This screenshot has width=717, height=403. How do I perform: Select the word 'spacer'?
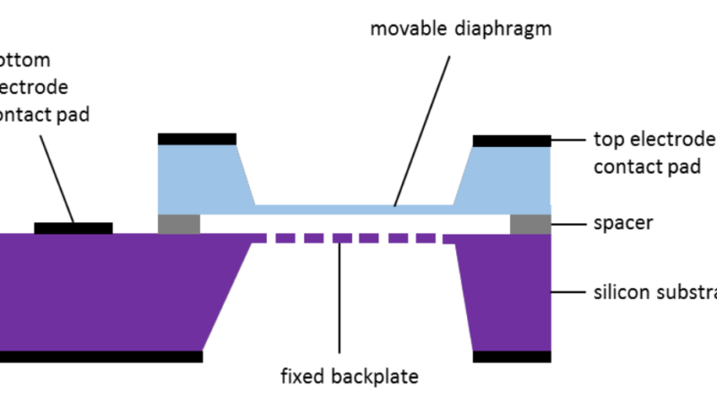[x=624, y=222]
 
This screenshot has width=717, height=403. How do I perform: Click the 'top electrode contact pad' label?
[x=655, y=152]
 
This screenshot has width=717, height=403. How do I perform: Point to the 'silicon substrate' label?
[x=655, y=292]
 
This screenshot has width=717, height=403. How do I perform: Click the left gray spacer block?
[x=178, y=224]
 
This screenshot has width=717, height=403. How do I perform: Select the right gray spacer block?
[x=531, y=224]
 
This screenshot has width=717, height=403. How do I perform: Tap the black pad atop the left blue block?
[x=197, y=139]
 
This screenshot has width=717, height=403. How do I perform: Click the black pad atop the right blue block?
[x=511, y=141]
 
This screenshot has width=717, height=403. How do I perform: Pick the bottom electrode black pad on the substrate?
[x=73, y=228]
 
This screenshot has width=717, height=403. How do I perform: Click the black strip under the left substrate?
[x=99, y=356]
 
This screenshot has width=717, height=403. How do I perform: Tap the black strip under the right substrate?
[x=511, y=356]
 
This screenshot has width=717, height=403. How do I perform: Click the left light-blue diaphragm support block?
[x=202, y=177]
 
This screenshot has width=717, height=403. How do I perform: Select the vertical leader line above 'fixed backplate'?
[x=340, y=296]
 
